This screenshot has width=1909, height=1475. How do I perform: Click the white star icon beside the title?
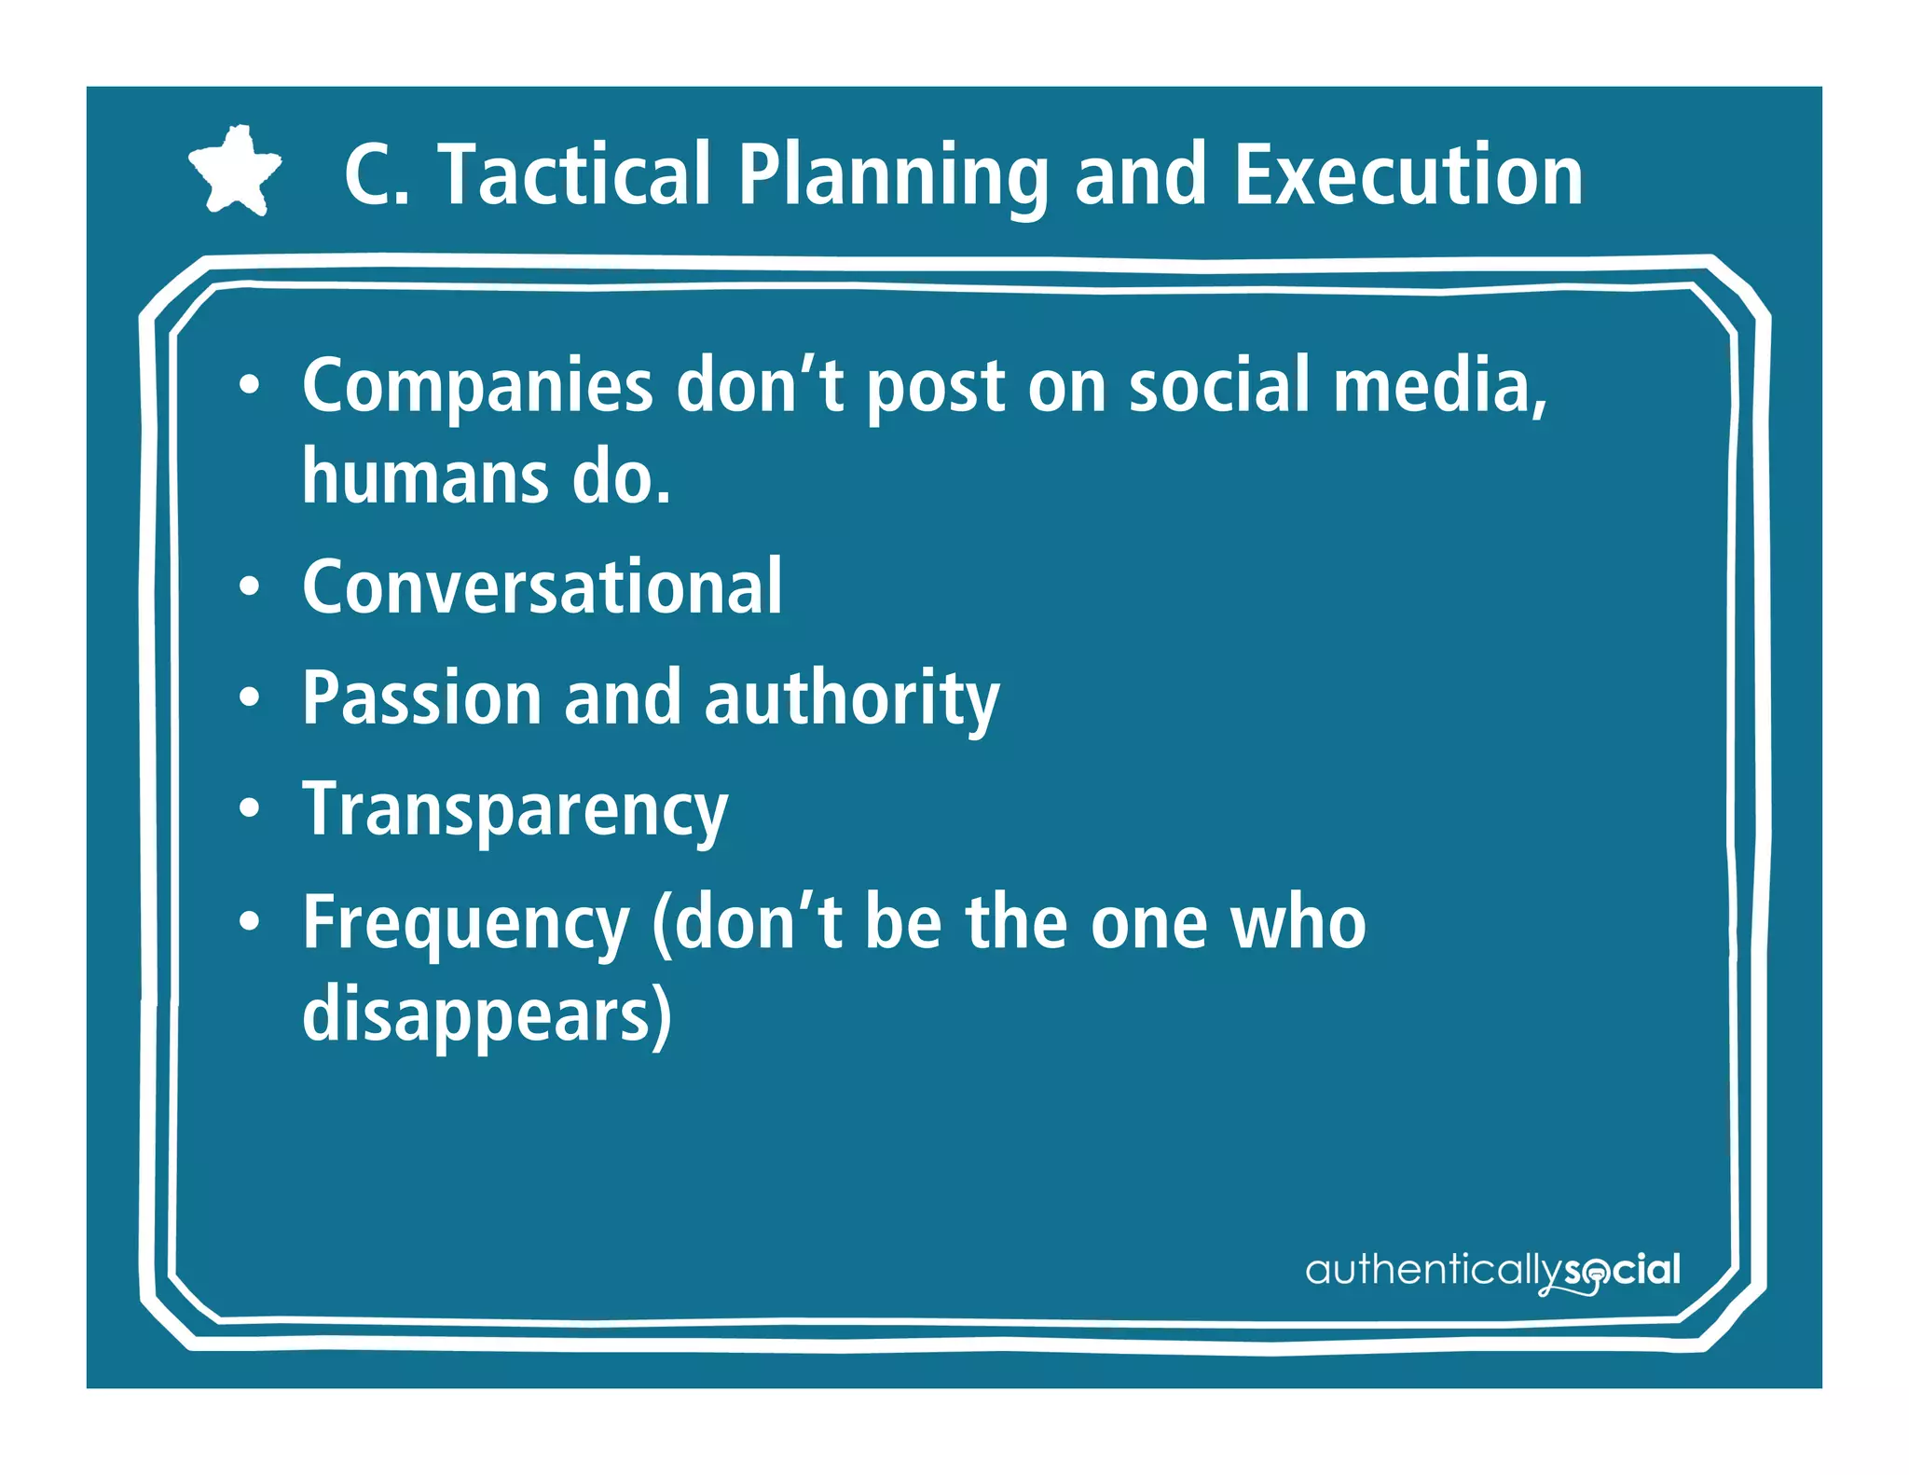pyautogui.click(x=235, y=171)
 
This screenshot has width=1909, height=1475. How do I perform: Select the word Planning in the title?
pyautogui.click(x=894, y=177)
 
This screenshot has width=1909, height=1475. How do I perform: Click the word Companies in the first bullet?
pyautogui.click(x=477, y=387)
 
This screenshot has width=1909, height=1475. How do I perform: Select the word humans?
pyautogui.click(x=425, y=476)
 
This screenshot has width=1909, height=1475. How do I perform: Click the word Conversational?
pyautogui.click(x=542, y=586)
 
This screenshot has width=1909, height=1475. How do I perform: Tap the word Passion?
pyautogui.click(x=422, y=698)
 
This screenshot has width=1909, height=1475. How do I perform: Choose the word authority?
pyautogui.click(x=851, y=700)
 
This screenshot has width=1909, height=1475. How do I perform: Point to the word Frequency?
pyautogui.click(x=465, y=924)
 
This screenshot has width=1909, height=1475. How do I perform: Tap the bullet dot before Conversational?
pyautogui.click(x=249, y=586)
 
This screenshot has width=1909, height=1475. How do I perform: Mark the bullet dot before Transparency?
pyautogui.click(x=249, y=809)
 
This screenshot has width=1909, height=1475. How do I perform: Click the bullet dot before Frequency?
pyautogui.click(x=249, y=921)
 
